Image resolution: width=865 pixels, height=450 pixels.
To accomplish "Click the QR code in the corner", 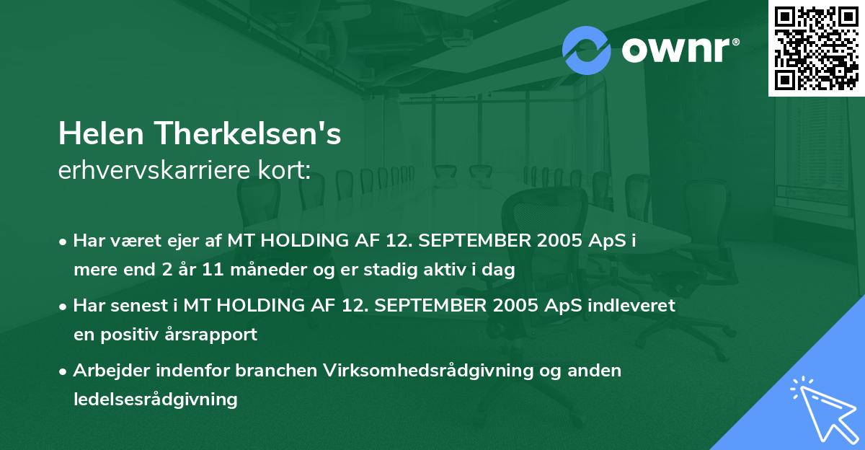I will coord(816,48).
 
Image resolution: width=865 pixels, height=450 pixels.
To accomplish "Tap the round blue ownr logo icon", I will coord(587,49).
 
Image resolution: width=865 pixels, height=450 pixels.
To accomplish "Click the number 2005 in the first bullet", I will coord(556,241).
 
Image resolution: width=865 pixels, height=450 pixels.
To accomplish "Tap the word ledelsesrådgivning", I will coord(155,399).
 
